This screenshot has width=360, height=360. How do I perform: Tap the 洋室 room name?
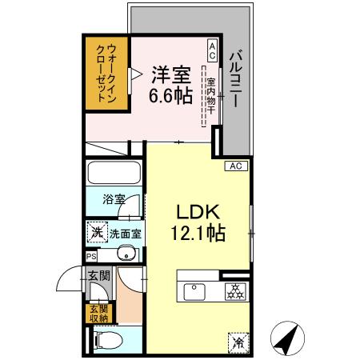pos(170,76)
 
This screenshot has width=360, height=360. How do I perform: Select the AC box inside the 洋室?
pos(212,51)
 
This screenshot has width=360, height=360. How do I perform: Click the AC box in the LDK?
pos(235,166)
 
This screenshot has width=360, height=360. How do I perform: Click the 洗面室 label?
pos(126,234)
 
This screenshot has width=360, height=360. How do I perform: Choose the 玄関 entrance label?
pos(96,277)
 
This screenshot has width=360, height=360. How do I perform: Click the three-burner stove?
pos(234,290)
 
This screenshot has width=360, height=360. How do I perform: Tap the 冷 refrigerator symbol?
pos(238,341)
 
